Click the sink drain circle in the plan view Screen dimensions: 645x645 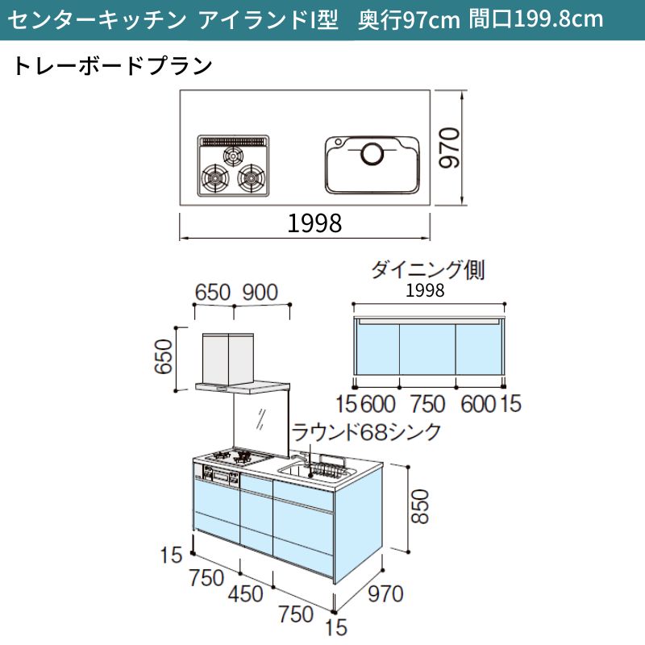tap(372, 154)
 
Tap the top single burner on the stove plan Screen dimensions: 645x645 tap(234, 156)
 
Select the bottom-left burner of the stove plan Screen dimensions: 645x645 tap(215, 178)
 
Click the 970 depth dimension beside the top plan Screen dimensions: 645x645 tap(449, 148)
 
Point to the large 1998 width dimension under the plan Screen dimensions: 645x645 tap(314, 223)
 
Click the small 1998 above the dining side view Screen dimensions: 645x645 tap(425, 291)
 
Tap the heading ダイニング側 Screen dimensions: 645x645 tap(428, 270)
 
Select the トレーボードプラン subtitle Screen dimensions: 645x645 tap(113, 66)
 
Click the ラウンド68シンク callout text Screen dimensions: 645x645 tap(367, 432)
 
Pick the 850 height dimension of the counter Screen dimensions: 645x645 tap(420, 506)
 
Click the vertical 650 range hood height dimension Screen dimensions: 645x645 tap(163, 356)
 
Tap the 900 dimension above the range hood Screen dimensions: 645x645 tap(260, 293)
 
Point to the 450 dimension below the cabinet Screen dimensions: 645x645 tap(246, 594)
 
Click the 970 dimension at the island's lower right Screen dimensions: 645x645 tap(385, 594)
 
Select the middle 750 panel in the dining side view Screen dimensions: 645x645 tap(427, 349)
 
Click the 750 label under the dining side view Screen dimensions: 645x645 tap(427, 404)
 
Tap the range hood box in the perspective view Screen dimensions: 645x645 tap(228, 358)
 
